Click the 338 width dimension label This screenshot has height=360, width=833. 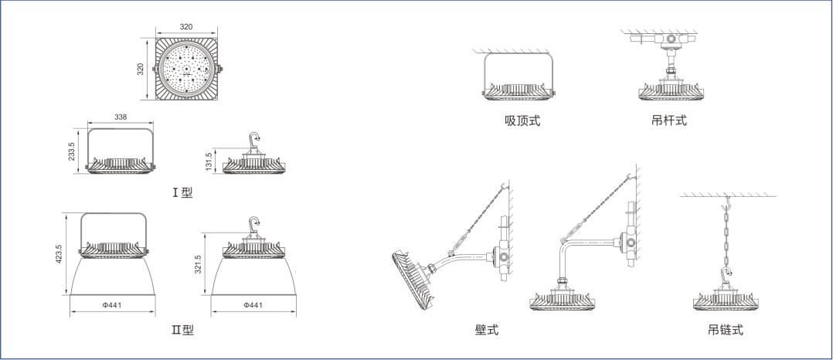pyautogui.click(x=121, y=117)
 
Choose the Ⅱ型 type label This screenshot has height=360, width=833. pyautogui.click(x=183, y=331)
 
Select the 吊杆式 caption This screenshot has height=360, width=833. pyautogui.click(x=669, y=121)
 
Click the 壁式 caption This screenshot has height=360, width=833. pyautogui.click(x=487, y=331)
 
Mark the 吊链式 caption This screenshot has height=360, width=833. pyautogui.click(x=726, y=331)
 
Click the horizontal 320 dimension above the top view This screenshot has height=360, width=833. pyautogui.click(x=186, y=27)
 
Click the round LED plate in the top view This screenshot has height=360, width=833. pyautogui.click(x=186, y=68)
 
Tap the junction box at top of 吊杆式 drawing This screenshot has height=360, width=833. pyautogui.click(x=670, y=38)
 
